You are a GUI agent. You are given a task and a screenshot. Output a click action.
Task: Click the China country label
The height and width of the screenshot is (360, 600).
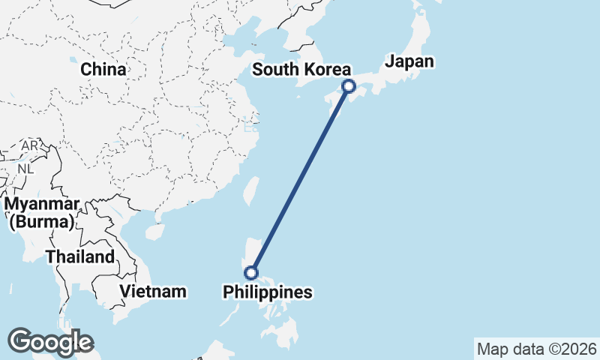tap(103, 69)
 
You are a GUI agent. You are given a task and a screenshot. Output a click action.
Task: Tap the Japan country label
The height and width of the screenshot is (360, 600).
tap(409, 61)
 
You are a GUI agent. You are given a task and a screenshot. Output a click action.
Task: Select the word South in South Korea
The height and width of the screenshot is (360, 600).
tap(276, 70)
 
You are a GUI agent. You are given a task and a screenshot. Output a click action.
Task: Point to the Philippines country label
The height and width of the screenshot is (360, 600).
tap(268, 292)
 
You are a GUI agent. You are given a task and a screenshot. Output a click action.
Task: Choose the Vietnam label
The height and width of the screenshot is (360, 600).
tap(153, 291)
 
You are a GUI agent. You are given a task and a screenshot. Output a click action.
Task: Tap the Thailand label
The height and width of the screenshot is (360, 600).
tap(80, 256)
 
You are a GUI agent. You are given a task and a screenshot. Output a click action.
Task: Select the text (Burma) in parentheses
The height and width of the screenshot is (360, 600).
tap(41, 222)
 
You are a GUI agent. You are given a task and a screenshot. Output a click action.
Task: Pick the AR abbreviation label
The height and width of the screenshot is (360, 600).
tap(30, 145)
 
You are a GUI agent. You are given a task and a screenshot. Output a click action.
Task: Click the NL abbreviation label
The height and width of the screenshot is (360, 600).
tap(26, 169)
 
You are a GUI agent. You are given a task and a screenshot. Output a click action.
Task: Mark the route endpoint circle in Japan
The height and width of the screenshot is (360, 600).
tap(348, 86)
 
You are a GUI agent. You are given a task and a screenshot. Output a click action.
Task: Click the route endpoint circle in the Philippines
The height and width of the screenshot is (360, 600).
tap(252, 272)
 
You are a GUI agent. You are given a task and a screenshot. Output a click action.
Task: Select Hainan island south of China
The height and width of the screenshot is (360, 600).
tap(154, 232)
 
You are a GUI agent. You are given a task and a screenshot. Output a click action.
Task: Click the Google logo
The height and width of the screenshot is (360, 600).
tap(50, 342)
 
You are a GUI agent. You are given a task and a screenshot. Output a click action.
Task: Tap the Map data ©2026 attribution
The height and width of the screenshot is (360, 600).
tap(537, 349)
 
